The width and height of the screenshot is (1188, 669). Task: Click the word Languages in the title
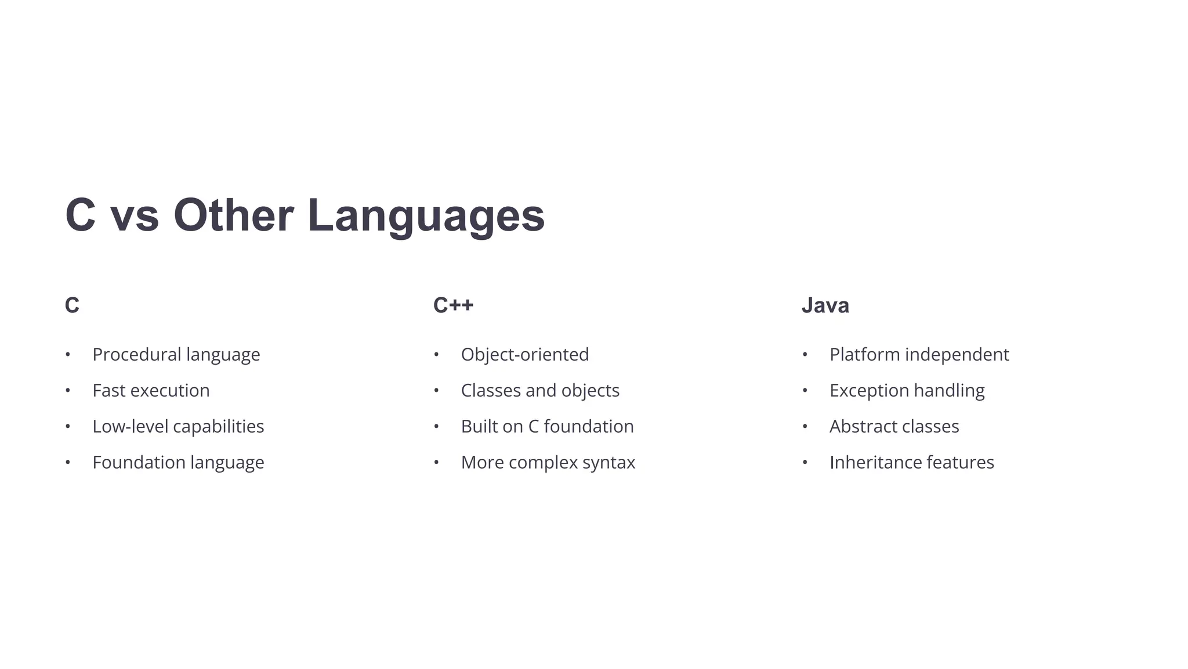click(x=426, y=216)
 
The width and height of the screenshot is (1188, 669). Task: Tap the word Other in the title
click(x=233, y=216)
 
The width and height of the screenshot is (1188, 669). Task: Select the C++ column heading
click(x=453, y=305)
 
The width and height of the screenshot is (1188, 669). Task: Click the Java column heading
click(x=825, y=305)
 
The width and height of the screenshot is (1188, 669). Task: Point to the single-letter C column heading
click(x=72, y=305)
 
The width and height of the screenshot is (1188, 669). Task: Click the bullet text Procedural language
click(x=176, y=355)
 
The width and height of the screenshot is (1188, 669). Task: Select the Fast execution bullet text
click(x=151, y=391)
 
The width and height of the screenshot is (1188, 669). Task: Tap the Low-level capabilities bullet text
click(x=178, y=427)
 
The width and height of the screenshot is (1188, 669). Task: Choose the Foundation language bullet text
click(x=178, y=463)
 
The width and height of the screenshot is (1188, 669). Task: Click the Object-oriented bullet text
click(x=524, y=355)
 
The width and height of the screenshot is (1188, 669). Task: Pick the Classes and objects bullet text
click(x=540, y=391)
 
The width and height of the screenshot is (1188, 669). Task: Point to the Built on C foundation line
click(x=547, y=427)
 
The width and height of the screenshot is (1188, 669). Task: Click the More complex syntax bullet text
click(x=548, y=463)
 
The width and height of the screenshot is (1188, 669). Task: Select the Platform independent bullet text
click(x=919, y=355)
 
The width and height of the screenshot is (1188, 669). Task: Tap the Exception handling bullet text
click(x=907, y=391)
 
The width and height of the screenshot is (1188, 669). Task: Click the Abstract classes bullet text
click(x=894, y=427)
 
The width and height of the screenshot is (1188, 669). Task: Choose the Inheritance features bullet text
click(x=911, y=463)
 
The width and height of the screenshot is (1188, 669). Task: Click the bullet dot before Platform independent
click(x=805, y=355)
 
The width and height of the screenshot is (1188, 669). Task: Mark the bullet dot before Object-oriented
click(x=436, y=355)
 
